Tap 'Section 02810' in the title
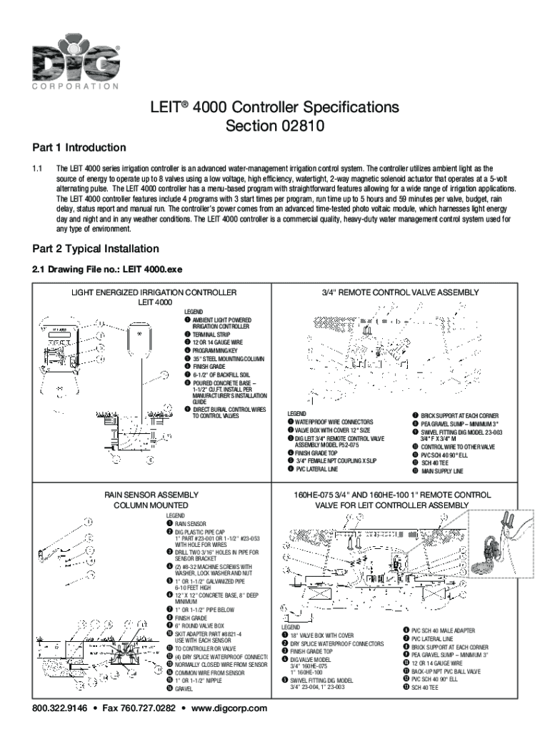[274, 127]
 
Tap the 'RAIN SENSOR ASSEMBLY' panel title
[147, 495]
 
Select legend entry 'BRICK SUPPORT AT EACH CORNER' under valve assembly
[459, 415]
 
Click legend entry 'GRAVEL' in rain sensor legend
[184, 688]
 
